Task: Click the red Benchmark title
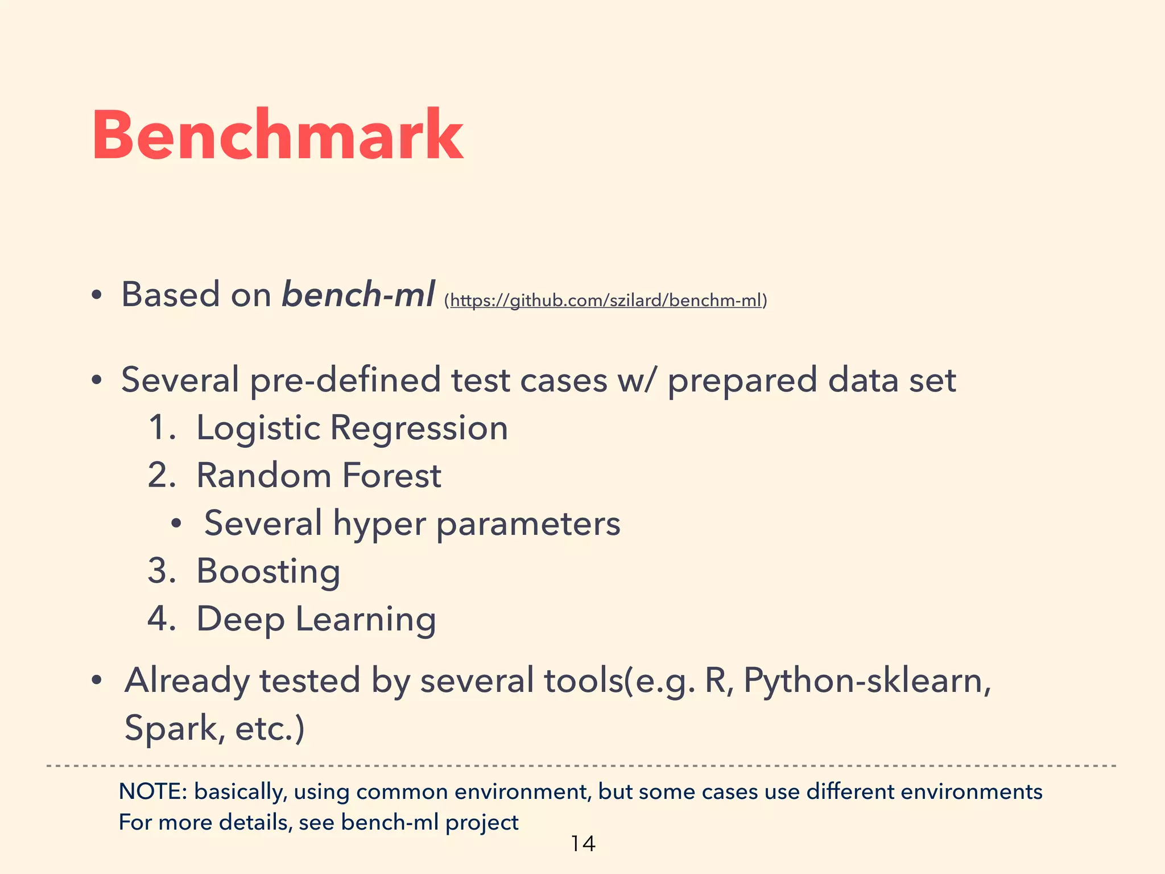click(x=278, y=135)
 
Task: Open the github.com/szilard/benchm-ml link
click(x=605, y=300)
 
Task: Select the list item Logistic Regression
click(x=352, y=428)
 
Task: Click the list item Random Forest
click(x=319, y=476)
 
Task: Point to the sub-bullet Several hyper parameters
click(x=412, y=523)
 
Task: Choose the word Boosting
click(x=268, y=571)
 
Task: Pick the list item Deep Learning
click(x=316, y=619)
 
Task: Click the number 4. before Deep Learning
click(x=162, y=619)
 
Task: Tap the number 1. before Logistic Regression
click(x=162, y=428)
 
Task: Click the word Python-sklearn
click(x=866, y=681)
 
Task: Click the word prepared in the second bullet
click(x=742, y=380)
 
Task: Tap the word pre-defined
click(x=345, y=380)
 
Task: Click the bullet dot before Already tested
click(x=97, y=681)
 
